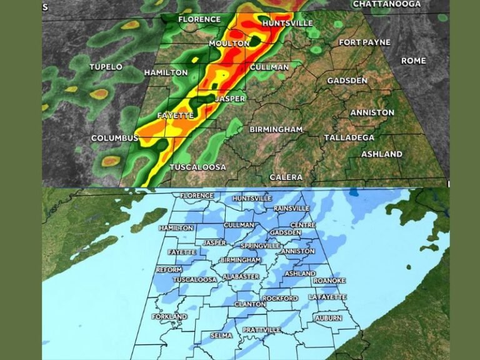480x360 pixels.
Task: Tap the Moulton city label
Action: [x=229, y=43]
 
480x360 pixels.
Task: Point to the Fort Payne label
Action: [x=364, y=42]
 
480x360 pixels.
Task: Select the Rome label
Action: [x=413, y=61]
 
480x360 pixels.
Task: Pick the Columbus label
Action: [x=114, y=138]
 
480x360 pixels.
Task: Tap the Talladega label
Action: [x=349, y=137]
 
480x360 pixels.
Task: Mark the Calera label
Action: [x=286, y=177]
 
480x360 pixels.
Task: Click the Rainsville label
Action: [x=292, y=208]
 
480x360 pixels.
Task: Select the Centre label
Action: [x=302, y=225]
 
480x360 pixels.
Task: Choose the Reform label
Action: [x=169, y=269]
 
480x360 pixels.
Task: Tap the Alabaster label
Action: [x=241, y=276]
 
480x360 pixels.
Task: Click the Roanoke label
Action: [x=329, y=281]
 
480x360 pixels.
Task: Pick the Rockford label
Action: [x=280, y=299]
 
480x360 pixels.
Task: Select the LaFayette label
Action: [x=327, y=297]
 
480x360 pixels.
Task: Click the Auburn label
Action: [x=328, y=318]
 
